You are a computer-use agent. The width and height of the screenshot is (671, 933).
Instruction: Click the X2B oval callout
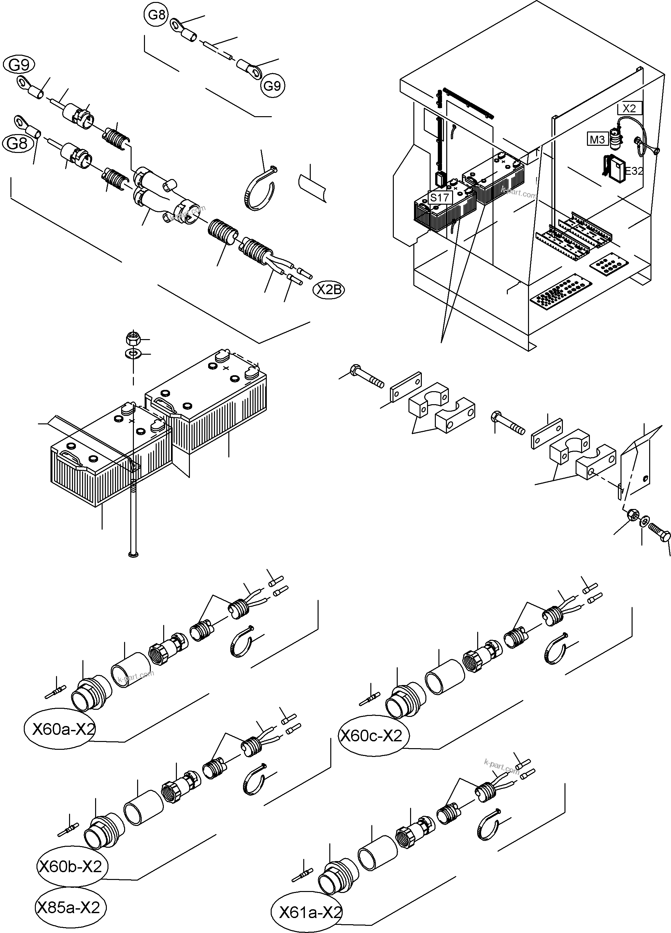pyautogui.click(x=329, y=290)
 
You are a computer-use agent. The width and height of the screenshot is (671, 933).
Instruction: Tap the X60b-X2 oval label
pyautogui.click(x=70, y=867)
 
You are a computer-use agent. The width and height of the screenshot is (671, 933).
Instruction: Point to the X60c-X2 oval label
pyautogui.click(x=373, y=735)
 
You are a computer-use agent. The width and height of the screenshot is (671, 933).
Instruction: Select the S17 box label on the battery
pyautogui.click(x=439, y=198)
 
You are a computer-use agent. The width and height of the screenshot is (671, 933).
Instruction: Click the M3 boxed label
pyautogui.click(x=597, y=140)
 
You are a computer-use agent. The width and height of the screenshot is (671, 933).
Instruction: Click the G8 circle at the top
pyautogui.click(x=156, y=15)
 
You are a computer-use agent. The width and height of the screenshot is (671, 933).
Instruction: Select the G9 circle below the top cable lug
pyautogui.click(x=272, y=86)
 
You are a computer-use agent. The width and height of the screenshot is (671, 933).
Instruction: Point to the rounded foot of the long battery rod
pyautogui.click(x=133, y=556)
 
